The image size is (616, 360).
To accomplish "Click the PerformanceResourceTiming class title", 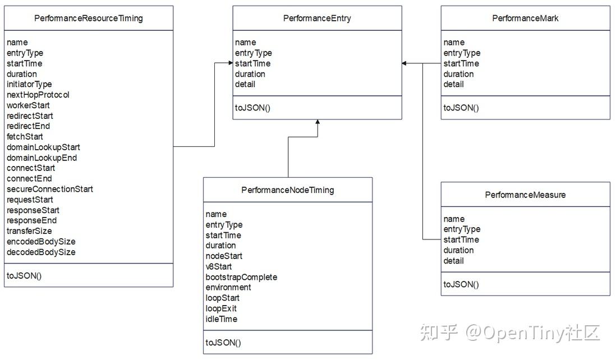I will (x=89, y=18).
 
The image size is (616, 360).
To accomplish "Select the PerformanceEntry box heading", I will (x=317, y=18).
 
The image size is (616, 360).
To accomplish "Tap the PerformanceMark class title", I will (x=525, y=18).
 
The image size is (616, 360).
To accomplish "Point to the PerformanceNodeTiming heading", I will (x=287, y=190).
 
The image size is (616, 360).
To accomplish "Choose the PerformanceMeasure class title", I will (x=525, y=195).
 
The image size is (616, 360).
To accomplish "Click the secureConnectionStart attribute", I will (x=50, y=189).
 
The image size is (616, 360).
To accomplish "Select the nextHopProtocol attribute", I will (x=38, y=95).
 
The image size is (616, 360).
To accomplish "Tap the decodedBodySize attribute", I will (x=41, y=252).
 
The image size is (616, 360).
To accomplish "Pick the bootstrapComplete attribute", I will (x=241, y=277).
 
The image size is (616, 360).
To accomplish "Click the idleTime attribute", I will (x=221, y=319).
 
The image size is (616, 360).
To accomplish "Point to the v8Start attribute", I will (x=218, y=266).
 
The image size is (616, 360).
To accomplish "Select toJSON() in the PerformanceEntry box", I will (x=252, y=108).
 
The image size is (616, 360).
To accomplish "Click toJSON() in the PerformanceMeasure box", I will (x=461, y=284).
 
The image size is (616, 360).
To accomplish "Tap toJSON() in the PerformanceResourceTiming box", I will (x=24, y=275).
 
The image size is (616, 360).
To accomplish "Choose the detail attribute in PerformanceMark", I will (x=453, y=84).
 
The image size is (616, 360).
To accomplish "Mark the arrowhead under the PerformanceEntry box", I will (x=318, y=123).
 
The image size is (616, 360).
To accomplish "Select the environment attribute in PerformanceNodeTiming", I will (x=228, y=287).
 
